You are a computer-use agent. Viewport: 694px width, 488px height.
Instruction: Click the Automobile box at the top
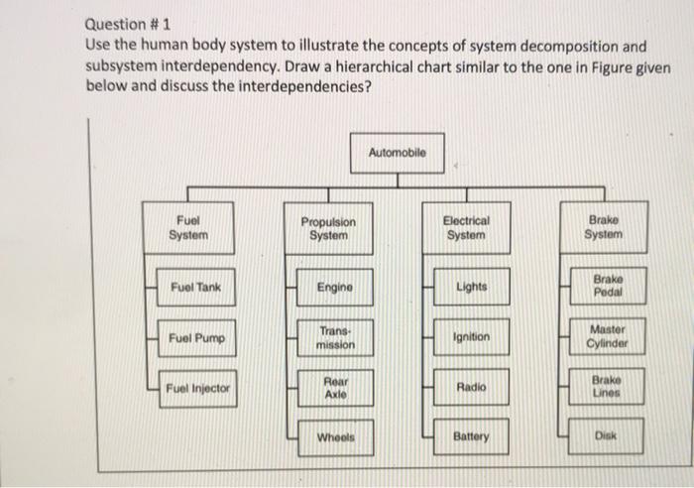click(x=397, y=154)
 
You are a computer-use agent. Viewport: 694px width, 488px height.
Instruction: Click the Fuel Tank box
click(x=195, y=288)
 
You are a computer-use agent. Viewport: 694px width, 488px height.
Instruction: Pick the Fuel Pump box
click(x=196, y=338)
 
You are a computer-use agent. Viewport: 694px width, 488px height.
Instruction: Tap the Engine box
click(x=334, y=288)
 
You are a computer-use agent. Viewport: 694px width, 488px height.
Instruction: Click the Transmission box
click(x=334, y=338)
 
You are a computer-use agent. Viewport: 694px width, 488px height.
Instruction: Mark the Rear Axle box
click(x=334, y=387)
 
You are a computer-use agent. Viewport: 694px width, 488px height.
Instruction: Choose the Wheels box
click(x=334, y=436)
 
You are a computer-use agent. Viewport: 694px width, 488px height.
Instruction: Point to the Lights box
click(x=471, y=288)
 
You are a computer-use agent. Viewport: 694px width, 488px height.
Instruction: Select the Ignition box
click(x=471, y=337)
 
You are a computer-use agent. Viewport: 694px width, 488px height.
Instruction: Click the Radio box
click(x=471, y=387)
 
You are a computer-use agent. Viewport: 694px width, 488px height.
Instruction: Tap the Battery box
click(x=471, y=436)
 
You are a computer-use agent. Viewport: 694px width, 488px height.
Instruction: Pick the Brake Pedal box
click(x=607, y=287)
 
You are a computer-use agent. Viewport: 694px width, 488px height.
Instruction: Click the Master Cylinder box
click(x=607, y=337)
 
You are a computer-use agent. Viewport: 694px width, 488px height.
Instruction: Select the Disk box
click(x=606, y=436)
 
